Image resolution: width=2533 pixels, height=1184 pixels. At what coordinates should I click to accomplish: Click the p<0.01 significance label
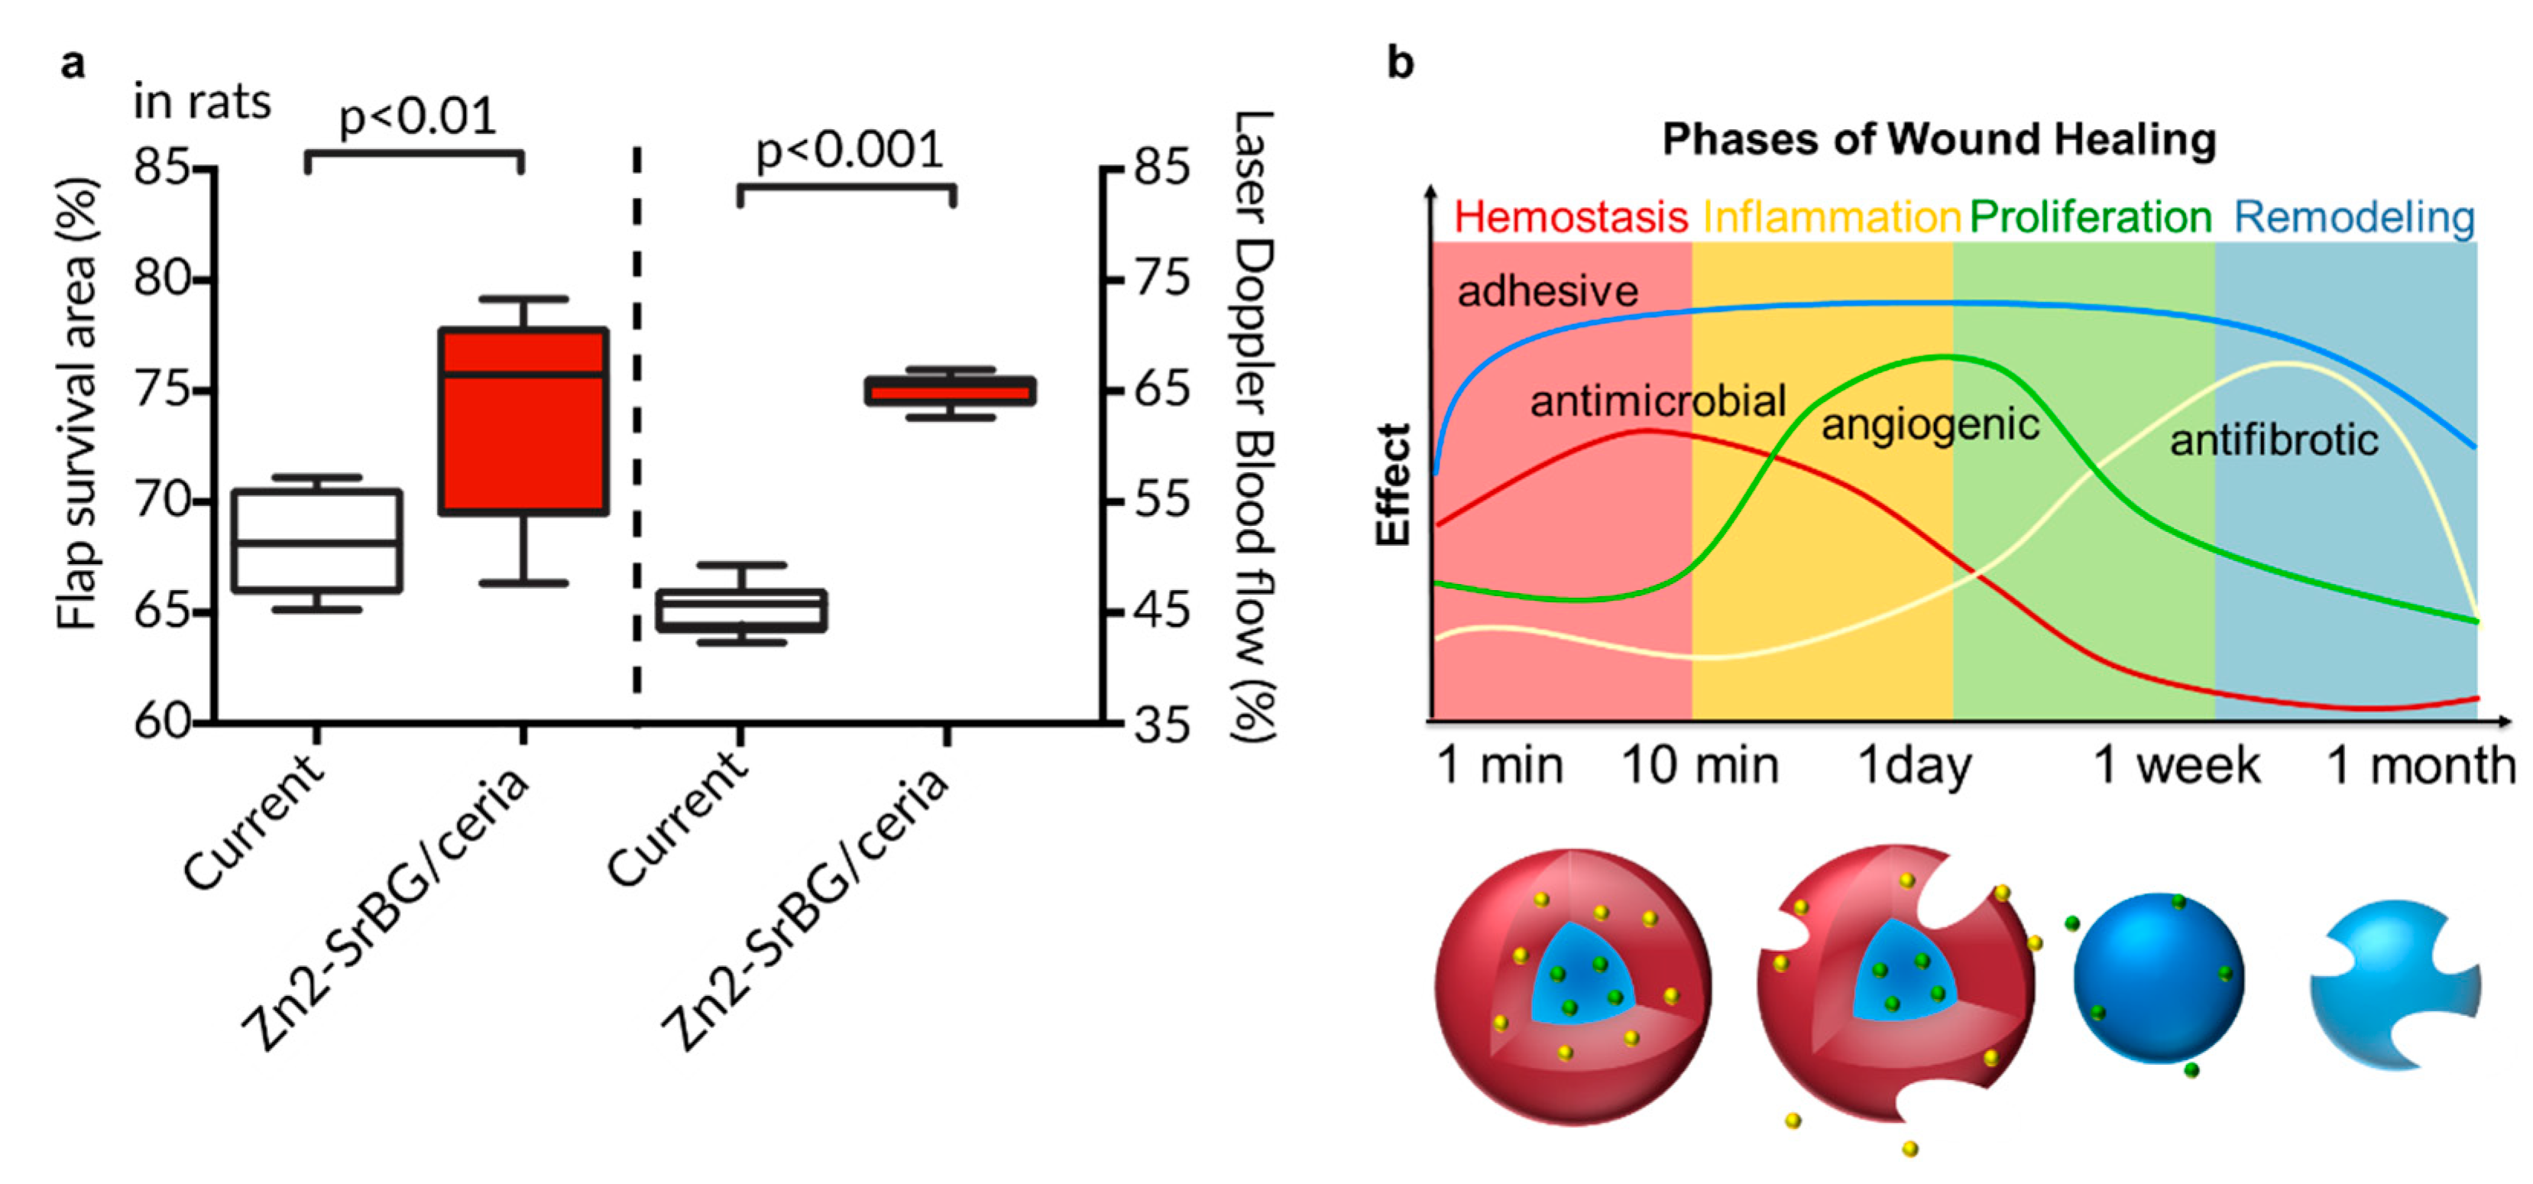pos(417,118)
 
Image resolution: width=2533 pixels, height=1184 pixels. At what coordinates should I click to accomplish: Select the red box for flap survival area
pos(523,421)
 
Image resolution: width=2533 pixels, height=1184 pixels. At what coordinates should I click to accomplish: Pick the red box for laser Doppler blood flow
pos(950,391)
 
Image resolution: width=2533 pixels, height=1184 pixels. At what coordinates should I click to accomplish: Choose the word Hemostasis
pos(1570,217)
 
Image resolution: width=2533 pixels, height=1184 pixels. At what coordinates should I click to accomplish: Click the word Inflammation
pos(1832,217)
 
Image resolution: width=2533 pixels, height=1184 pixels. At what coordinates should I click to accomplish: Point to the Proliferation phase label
pos(2091,217)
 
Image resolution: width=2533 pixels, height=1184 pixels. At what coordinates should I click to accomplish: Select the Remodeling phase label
pos(2354,217)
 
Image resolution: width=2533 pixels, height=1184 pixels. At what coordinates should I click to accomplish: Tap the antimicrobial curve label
pos(1658,401)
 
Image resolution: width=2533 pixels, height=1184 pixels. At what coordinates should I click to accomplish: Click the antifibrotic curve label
pos(2273,440)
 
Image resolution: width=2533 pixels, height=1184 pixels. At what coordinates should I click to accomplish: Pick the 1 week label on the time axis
pos(2176,765)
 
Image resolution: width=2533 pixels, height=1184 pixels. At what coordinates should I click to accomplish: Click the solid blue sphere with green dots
pos(2159,978)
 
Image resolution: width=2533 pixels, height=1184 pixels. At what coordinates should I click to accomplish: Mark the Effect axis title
pos(1394,485)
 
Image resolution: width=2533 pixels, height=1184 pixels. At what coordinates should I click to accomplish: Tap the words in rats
pos(202,102)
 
